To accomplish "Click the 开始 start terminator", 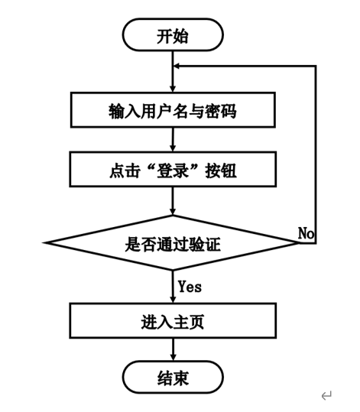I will pyautogui.click(x=173, y=36).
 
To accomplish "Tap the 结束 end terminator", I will pyautogui.click(x=173, y=378).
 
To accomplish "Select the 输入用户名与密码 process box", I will pyautogui.click(x=173, y=111).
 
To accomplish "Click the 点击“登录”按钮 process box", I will pyautogui.click(x=173, y=170).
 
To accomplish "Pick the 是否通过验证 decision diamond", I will pyautogui.click(x=173, y=244).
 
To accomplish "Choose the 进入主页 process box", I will pyautogui.click(x=173, y=321).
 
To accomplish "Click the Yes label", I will pyautogui.click(x=190, y=287).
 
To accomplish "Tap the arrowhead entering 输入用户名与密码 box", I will pyautogui.click(x=173, y=89).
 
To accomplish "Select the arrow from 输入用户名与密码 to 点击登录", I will pyautogui.click(x=173, y=140).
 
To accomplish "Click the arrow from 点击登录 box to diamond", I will pyautogui.click(x=173, y=200).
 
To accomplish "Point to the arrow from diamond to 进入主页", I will pyautogui.click(x=173, y=287).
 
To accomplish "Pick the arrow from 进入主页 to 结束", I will pyautogui.click(x=173, y=349).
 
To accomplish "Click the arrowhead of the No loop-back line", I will pyautogui.click(x=178, y=67).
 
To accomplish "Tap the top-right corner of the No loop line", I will pyautogui.click(x=316, y=67).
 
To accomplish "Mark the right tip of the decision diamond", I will pyautogui.click(x=298, y=243).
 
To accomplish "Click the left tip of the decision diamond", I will pyautogui.click(x=47, y=243).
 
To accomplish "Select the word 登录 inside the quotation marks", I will pyautogui.click(x=173, y=170).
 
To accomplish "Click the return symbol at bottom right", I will pyautogui.click(x=326, y=395).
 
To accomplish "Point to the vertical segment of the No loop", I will pyautogui.click(x=316, y=153).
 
